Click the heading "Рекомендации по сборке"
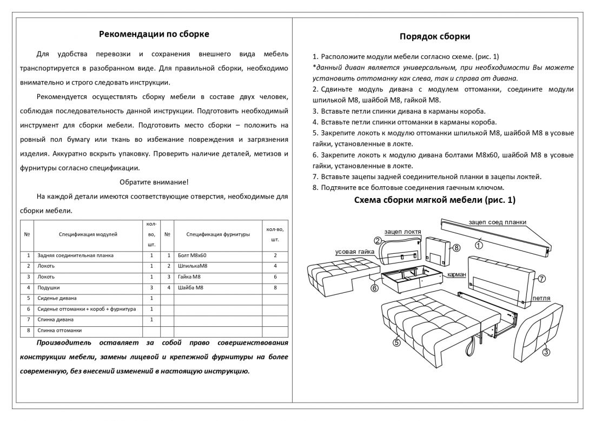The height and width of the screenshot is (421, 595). pyautogui.click(x=154, y=34)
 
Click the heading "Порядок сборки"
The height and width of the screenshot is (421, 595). pyautogui.click(x=434, y=37)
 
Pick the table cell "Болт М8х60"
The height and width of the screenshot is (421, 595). pyautogui.click(x=192, y=255)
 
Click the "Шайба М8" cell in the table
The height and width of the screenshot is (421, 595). pyautogui.click(x=190, y=287)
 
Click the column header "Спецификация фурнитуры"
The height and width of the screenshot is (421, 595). pyautogui.click(x=218, y=234)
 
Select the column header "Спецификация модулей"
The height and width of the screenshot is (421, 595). pyautogui.click(x=88, y=234)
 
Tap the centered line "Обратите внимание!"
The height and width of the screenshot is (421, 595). pyautogui.click(x=154, y=182)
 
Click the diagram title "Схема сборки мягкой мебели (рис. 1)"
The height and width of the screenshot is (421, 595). pyautogui.click(x=434, y=200)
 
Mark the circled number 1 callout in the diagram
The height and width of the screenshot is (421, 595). pyautogui.click(x=479, y=245)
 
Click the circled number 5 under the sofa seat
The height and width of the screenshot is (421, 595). pyautogui.click(x=396, y=341)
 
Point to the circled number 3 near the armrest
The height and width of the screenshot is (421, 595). pyautogui.click(x=546, y=352)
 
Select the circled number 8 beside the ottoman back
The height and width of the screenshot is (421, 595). pyautogui.click(x=456, y=248)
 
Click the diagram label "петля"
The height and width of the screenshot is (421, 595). pyautogui.click(x=541, y=298)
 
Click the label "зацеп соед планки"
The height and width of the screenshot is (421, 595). pyautogui.click(x=497, y=222)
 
